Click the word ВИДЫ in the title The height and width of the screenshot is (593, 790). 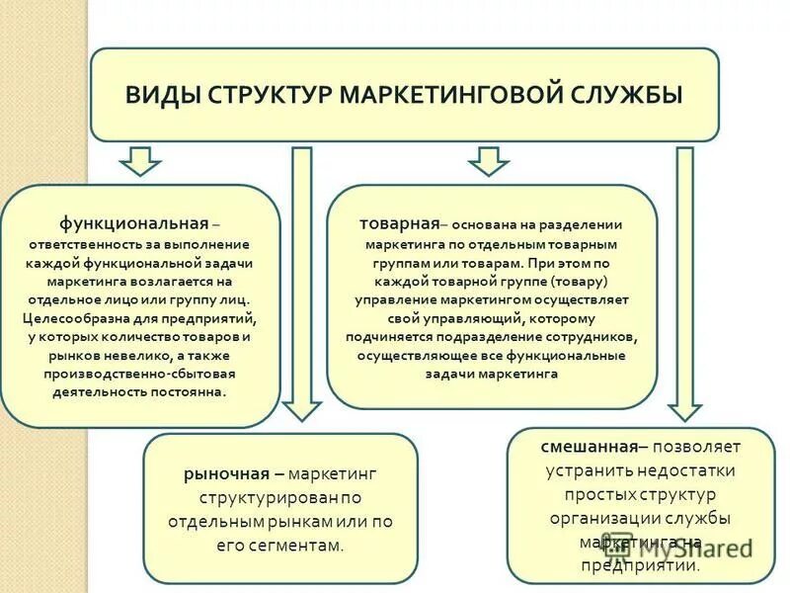pyautogui.click(x=156, y=96)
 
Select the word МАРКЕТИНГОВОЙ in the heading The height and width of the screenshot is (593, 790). pyautogui.click(x=449, y=96)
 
